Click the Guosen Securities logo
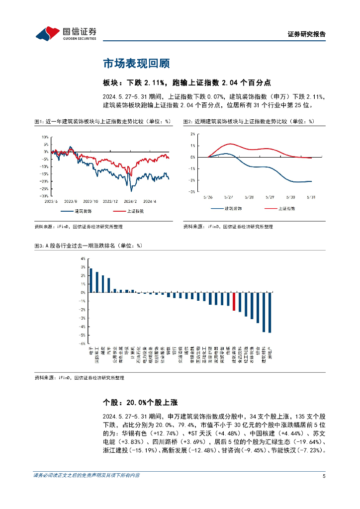pos(66,33)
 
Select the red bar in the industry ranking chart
pos(234,301)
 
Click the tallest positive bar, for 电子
pos(90,280)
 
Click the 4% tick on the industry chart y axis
pos(83,259)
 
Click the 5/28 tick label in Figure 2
pos(250,196)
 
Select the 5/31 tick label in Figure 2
pos(312,196)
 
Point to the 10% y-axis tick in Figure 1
pos(45,136)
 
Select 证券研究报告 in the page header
pos(307,34)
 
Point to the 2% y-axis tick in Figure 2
pos(192,134)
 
